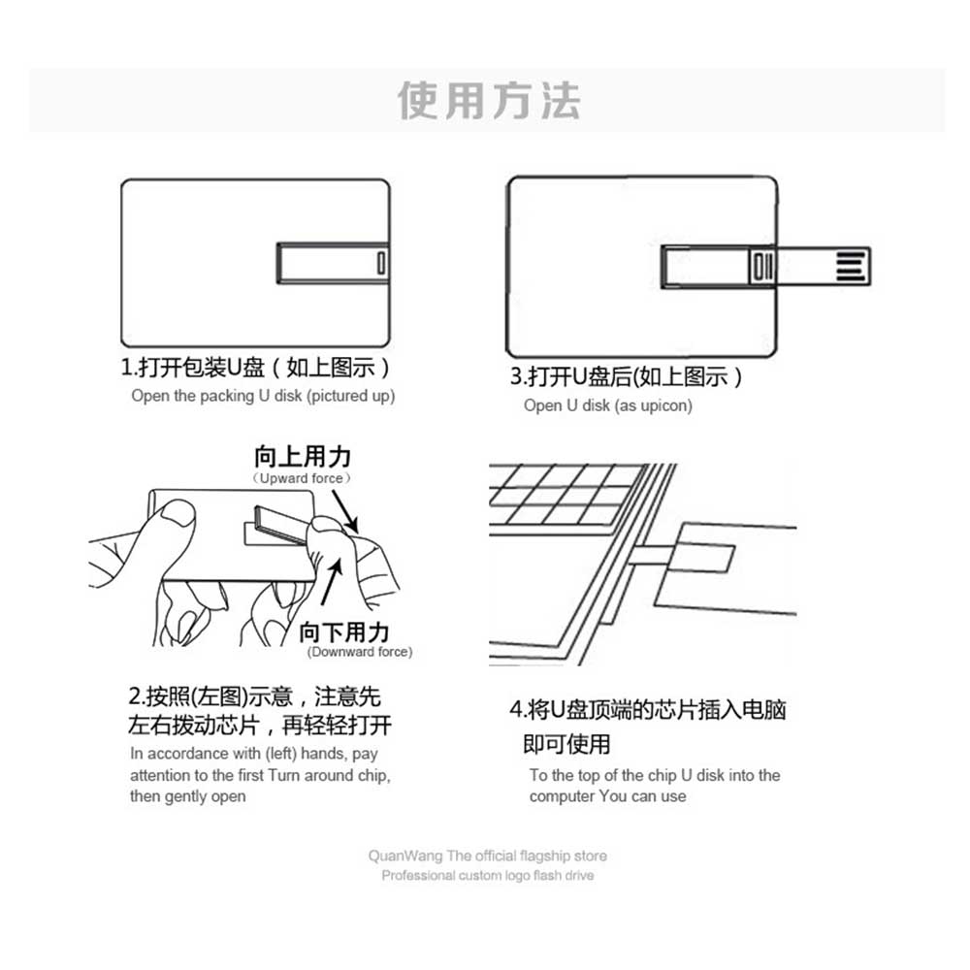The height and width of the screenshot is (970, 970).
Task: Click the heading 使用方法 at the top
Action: (489, 101)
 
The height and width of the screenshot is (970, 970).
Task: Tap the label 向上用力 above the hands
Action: (303, 457)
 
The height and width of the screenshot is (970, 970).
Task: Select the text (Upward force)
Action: (302, 478)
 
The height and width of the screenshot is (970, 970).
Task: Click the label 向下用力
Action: (344, 632)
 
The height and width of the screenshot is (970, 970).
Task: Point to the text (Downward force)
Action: (360, 652)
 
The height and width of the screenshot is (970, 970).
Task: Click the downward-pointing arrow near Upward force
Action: (345, 511)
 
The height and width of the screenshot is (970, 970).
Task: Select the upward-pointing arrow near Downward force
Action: (332, 582)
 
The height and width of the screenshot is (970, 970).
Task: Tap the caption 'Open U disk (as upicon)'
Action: (607, 405)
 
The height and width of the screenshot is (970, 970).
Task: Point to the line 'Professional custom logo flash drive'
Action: (488, 875)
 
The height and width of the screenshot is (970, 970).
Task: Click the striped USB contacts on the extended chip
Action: (851, 267)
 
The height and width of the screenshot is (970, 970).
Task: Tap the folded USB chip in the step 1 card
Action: (333, 263)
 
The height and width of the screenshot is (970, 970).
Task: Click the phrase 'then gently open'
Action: (187, 796)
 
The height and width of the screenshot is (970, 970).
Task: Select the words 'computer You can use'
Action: (607, 796)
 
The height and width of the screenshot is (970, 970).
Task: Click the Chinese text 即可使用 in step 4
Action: (566, 744)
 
